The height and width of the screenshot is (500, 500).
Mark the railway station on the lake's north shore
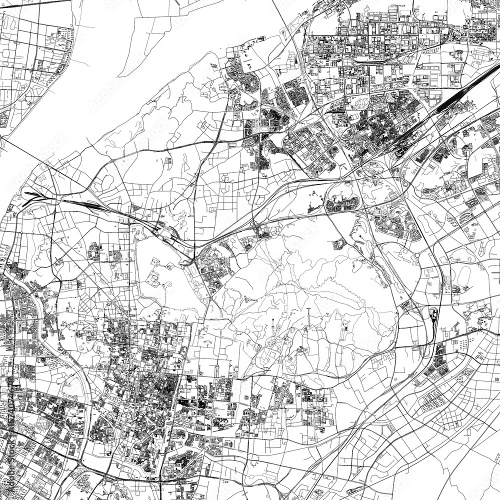[170, 235]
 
